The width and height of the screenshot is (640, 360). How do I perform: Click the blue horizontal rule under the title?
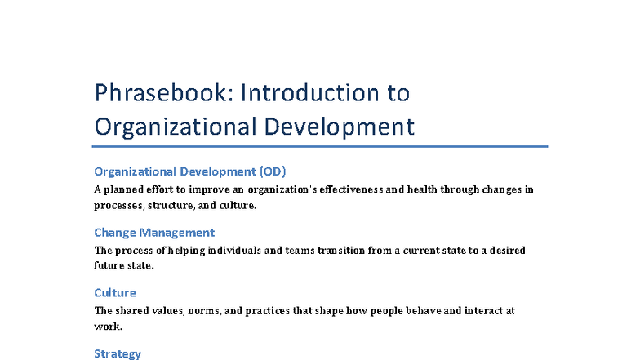(x=320, y=147)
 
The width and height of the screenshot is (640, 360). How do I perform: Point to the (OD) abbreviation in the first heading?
(x=273, y=171)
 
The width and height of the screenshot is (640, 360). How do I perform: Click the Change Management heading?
(x=154, y=232)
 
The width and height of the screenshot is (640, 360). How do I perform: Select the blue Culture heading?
(x=115, y=292)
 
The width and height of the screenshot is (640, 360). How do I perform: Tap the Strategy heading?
(x=118, y=353)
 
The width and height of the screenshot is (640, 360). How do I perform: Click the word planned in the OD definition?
(x=122, y=189)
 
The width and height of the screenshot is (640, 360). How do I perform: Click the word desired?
(x=506, y=250)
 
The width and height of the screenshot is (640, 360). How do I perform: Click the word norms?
(x=206, y=310)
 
